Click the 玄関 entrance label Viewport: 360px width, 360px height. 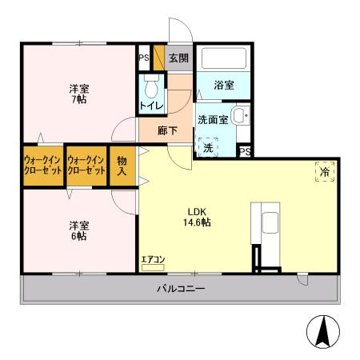point(177,58)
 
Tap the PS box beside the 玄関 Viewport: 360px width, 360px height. point(144,58)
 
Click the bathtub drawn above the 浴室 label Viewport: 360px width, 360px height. point(223,59)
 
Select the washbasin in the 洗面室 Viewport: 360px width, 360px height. point(240,117)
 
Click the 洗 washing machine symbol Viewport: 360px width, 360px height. point(208,149)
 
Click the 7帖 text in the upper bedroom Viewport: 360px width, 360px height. point(78,101)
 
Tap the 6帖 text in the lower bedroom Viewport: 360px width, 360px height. point(78,237)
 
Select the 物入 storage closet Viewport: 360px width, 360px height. point(122,166)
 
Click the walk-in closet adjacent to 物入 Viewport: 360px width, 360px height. point(86,166)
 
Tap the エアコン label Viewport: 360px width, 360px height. point(153,258)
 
